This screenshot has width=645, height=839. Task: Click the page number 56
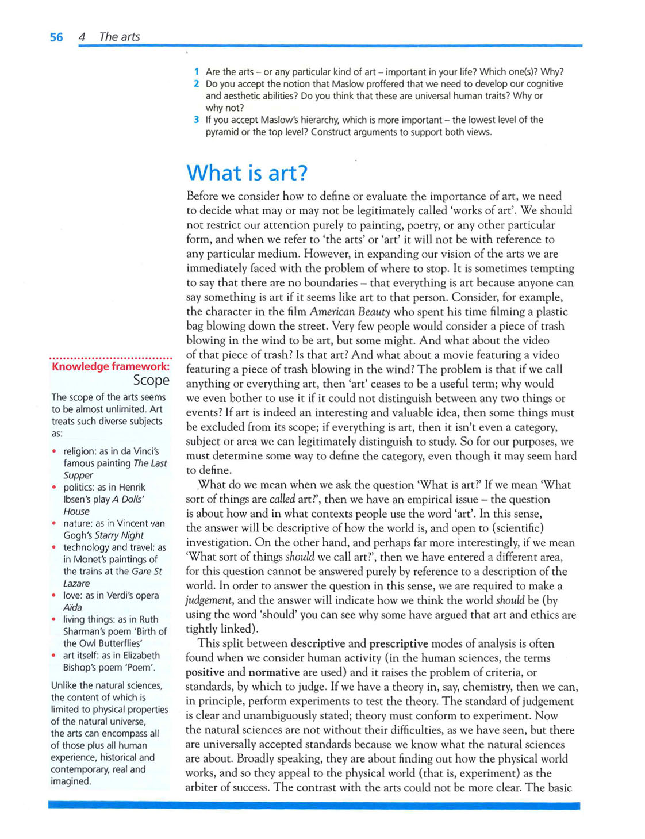[x=56, y=37]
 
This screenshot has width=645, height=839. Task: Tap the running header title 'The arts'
[x=120, y=37]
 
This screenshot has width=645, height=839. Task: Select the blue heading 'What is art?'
[x=247, y=173]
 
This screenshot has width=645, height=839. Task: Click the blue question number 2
[x=197, y=84]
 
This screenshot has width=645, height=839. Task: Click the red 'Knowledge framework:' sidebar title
[x=111, y=366]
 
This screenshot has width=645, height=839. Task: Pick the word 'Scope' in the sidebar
[x=151, y=380]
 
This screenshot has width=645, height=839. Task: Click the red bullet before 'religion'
[x=54, y=451]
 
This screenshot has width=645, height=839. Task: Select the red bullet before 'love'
[x=54, y=596]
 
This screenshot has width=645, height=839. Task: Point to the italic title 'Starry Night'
[x=119, y=535]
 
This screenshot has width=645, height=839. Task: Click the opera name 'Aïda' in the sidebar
[x=72, y=607]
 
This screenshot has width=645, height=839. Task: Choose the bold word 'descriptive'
[x=317, y=643]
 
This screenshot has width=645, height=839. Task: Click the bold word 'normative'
[x=274, y=672]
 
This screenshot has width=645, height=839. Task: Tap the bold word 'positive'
[x=205, y=672]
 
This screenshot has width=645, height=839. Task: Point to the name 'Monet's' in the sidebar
[x=90, y=560]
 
